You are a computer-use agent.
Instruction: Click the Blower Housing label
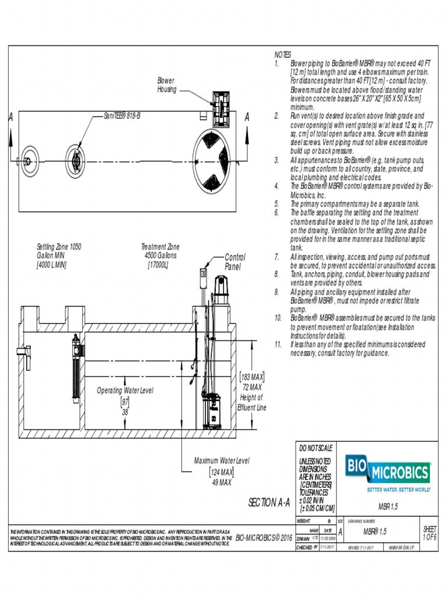pyautogui.click(x=166, y=85)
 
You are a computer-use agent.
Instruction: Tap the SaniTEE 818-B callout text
pyautogui.click(x=122, y=116)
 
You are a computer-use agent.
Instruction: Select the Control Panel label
pyautogui.click(x=235, y=262)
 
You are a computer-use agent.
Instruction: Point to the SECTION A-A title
pyautogui.click(x=269, y=503)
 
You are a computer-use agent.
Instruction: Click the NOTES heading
pyautogui.click(x=282, y=54)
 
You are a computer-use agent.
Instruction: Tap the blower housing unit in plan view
pyautogui.click(x=222, y=107)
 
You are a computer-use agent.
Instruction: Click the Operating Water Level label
pyautogui.click(x=125, y=391)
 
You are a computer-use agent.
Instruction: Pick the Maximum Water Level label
pyautogui.click(x=222, y=461)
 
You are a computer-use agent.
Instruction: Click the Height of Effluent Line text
pyautogui.click(x=253, y=402)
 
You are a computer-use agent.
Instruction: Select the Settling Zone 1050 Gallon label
pyautogui.click(x=58, y=255)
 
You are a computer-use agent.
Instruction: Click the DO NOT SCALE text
pyautogui.click(x=316, y=448)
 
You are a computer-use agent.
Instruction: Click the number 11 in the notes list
pyautogui.click(x=278, y=345)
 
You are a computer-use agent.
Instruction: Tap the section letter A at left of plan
pyautogui.click(x=10, y=118)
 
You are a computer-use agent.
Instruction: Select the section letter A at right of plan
pyautogui.click(x=247, y=118)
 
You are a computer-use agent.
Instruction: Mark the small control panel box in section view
pyautogui.click(x=204, y=273)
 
